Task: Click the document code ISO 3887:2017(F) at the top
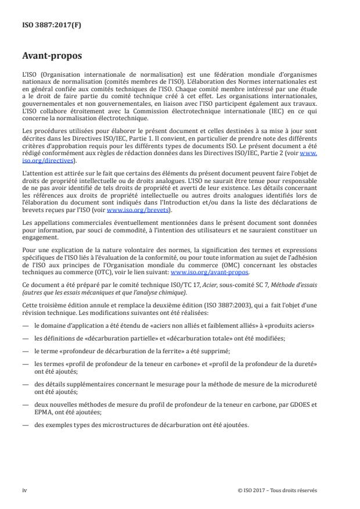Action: [45, 25]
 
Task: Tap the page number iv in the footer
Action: [24, 490]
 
